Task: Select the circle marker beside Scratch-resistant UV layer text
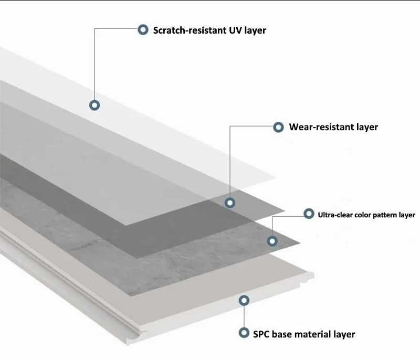click(x=143, y=30)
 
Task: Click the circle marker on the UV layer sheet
click(x=94, y=105)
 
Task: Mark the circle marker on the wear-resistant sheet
click(x=230, y=203)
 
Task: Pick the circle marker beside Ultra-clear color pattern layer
click(x=309, y=214)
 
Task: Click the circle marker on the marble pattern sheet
click(x=272, y=241)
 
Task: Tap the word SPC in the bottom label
click(x=262, y=334)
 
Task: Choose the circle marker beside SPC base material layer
click(x=244, y=333)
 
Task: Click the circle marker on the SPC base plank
click(x=244, y=300)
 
